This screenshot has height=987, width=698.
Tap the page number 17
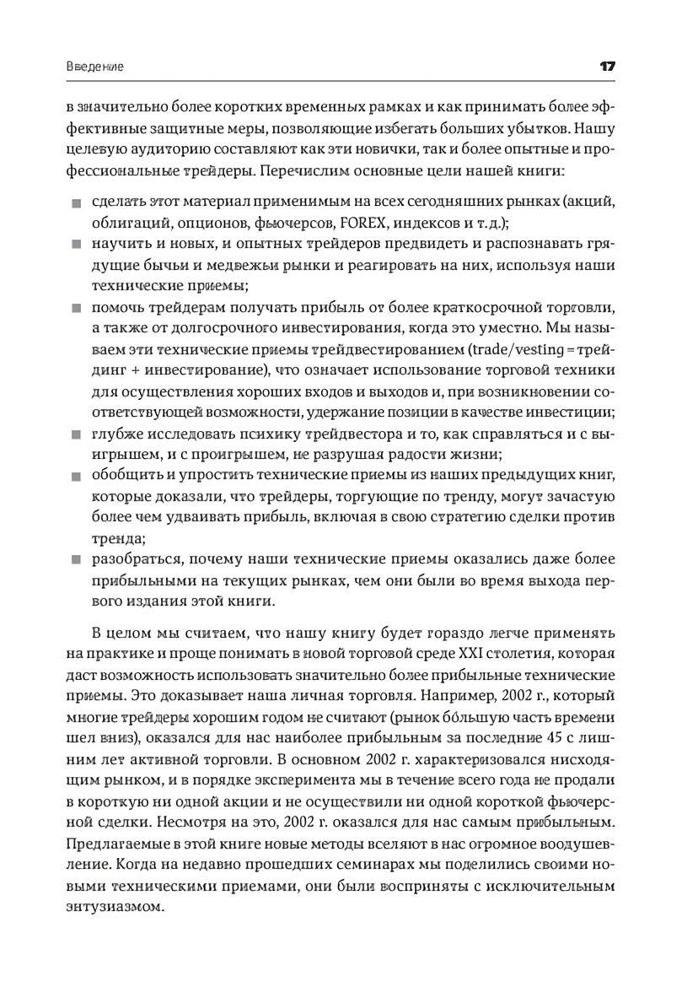click(x=609, y=66)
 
